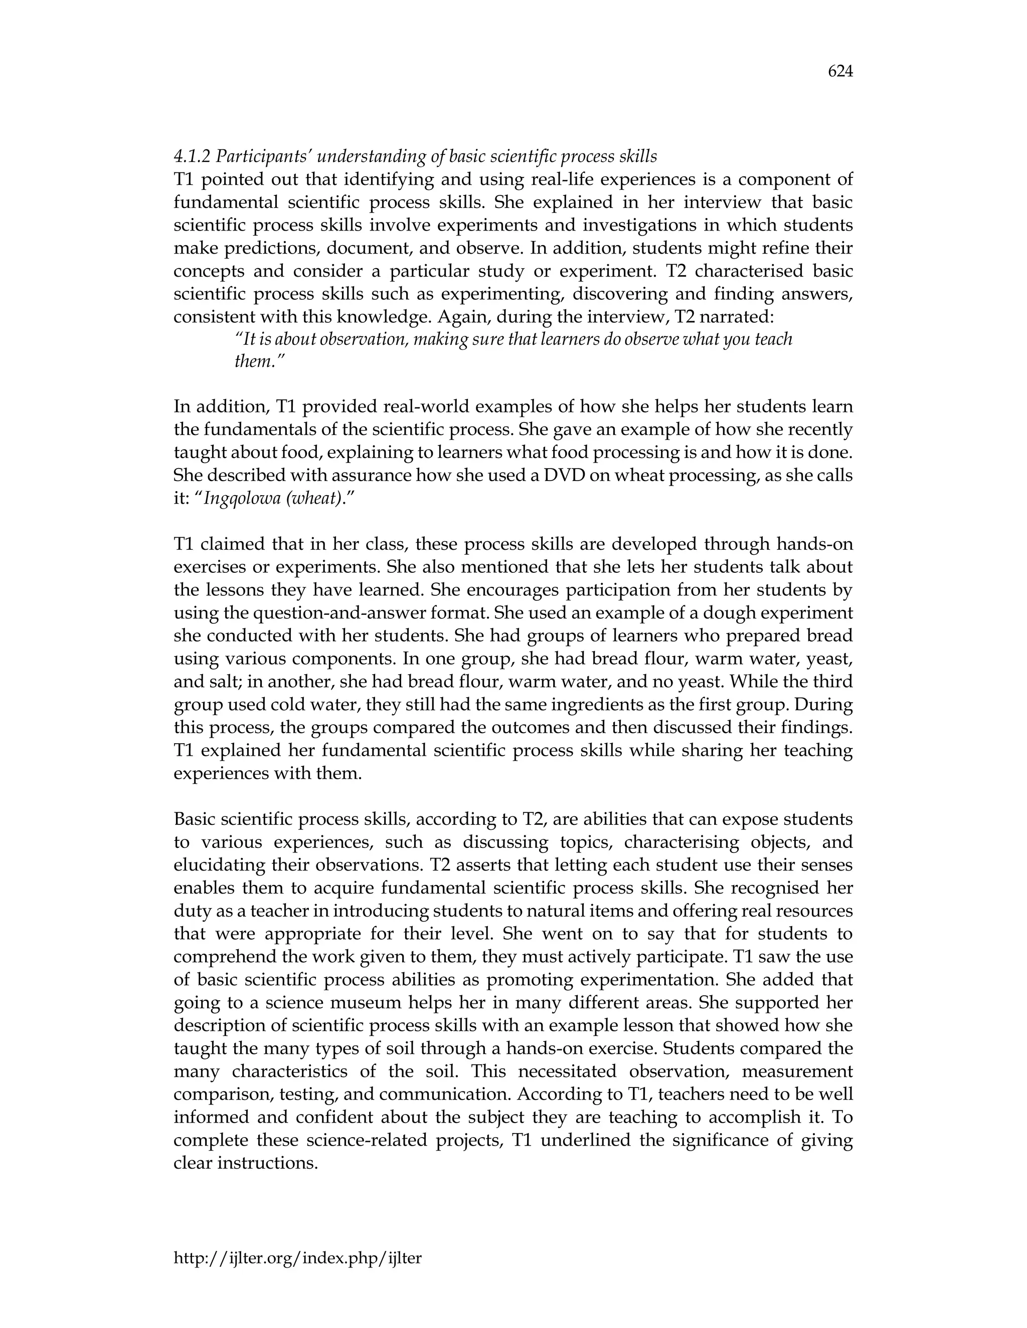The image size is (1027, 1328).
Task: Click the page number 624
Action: pyautogui.click(x=840, y=72)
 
